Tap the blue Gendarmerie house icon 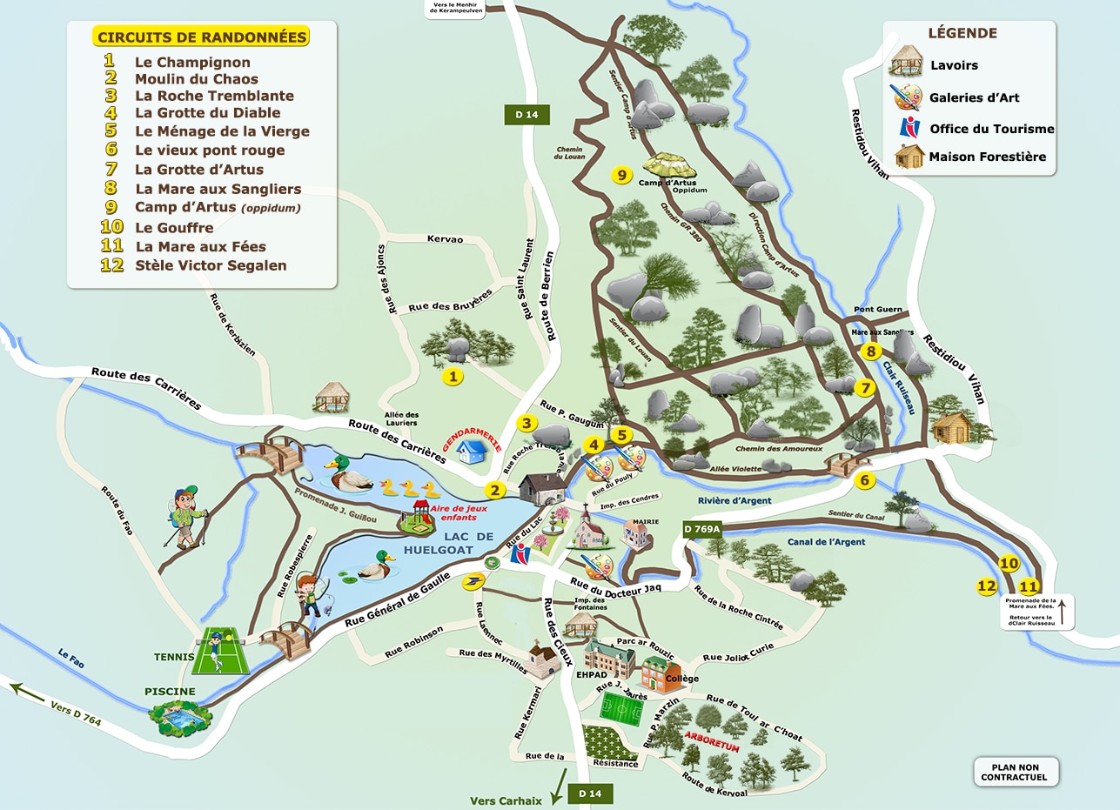coord(472,451)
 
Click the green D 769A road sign coord(702,528)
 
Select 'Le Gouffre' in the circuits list coord(174,228)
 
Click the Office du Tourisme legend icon coord(909,128)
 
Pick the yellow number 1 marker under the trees coord(452,377)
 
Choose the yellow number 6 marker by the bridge coord(864,480)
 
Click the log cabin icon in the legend coord(909,157)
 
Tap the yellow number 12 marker coord(986,586)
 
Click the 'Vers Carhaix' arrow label coord(506,800)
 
